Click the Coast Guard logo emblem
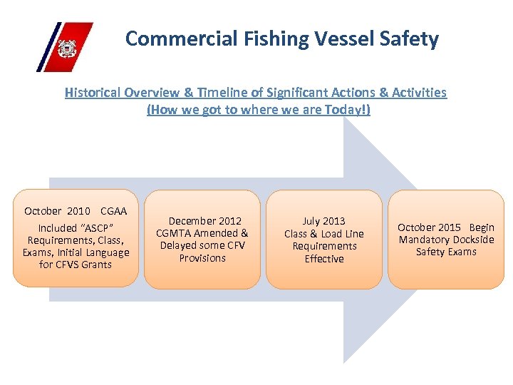tap(66, 48)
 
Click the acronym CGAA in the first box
tap(114, 211)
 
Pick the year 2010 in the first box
tap(78, 211)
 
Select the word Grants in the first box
tap(95, 265)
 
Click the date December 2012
tap(204, 221)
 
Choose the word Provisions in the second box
tap(202, 258)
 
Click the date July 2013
tap(323, 221)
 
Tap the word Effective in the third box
tap(324, 259)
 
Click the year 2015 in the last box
tap(448, 227)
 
